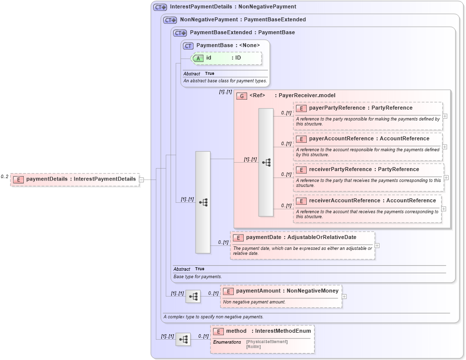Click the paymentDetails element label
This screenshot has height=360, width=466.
click(80, 179)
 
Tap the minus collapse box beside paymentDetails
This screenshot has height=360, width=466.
click(141, 180)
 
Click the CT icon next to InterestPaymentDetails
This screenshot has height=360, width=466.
click(160, 7)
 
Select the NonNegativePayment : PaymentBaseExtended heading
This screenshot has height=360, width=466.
click(243, 20)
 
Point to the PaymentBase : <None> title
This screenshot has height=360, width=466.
click(228, 45)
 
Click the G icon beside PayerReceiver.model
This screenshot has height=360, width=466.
click(242, 96)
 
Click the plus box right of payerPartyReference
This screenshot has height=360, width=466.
click(445, 116)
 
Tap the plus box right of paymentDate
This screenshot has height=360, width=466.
click(377, 245)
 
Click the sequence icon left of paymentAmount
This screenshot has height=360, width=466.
click(193, 297)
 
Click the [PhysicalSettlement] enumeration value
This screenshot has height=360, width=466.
click(266, 342)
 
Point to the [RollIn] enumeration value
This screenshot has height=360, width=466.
click(253, 347)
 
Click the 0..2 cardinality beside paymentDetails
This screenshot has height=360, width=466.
click(4, 177)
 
